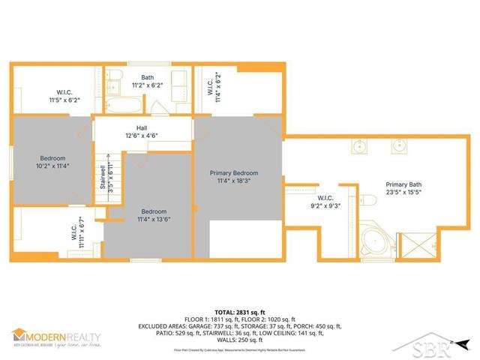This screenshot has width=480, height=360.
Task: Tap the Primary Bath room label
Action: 403,184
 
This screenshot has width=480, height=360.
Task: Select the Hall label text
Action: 142,127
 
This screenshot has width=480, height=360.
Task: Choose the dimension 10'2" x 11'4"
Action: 53,167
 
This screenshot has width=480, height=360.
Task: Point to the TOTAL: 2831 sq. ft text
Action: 239,311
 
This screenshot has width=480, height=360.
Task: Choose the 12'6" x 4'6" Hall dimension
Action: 142,136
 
